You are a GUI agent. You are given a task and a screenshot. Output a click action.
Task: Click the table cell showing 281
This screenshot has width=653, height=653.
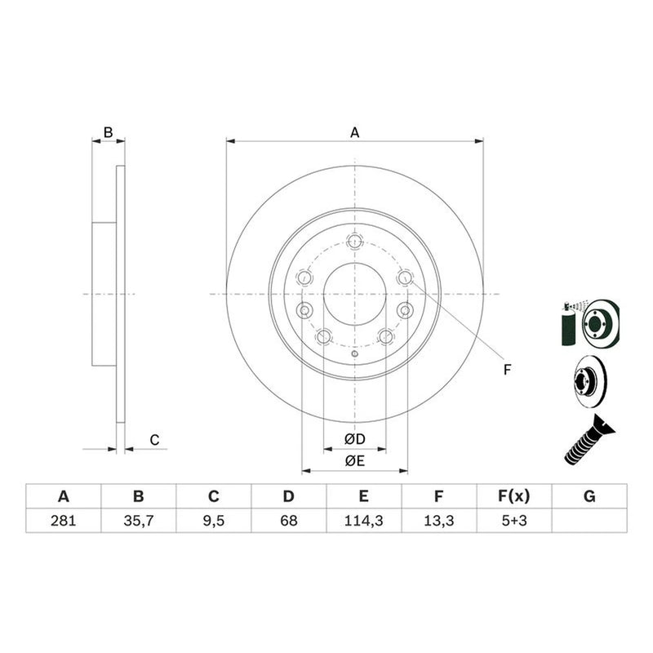coord(64,521)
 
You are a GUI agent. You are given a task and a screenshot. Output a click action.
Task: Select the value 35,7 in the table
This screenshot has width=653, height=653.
coord(139,521)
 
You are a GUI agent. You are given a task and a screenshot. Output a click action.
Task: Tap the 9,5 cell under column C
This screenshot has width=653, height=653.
coord(214,521)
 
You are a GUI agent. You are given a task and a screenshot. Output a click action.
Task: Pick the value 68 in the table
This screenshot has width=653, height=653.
coord(289,521)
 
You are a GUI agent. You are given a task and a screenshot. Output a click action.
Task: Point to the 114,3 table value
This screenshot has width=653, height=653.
coord(363,521)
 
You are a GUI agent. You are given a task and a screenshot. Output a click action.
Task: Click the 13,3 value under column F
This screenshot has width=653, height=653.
coord(439,521)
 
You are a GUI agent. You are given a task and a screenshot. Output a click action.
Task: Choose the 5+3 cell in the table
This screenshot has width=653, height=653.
coord(514,521)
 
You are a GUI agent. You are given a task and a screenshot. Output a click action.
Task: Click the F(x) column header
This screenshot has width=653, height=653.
coord(514,496)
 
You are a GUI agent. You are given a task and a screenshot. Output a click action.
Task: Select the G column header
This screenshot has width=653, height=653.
coord(589,496)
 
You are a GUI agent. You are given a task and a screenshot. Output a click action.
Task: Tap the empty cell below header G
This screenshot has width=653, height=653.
coord(589,521)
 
